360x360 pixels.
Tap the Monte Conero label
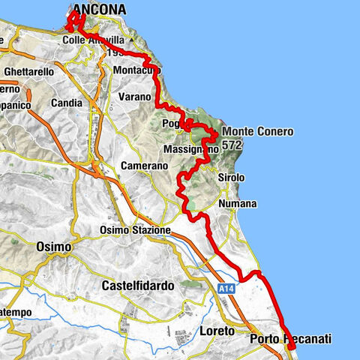pyautogui.click(x=257, y=131)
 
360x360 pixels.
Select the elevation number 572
pyautogui.click(x=232, y=145)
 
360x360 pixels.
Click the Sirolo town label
pyautogui.click(x=231, y=178)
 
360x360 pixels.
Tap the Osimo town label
pyautogui.click(x=54, y=246)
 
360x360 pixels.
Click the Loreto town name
pyautogui.click(x=218, y=330)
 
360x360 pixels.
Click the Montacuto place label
pyautogui.click(x=137, y=70)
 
